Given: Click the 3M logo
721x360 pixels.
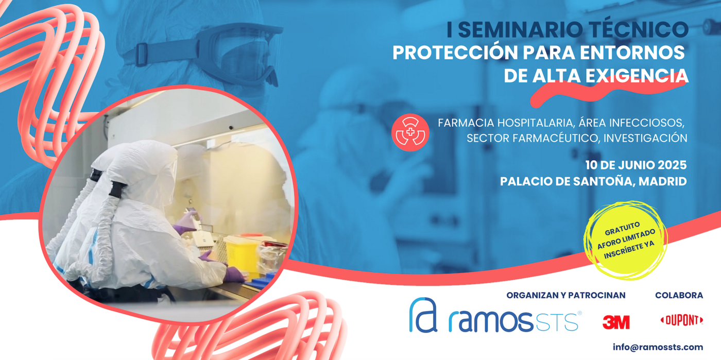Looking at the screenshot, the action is coord(616,322).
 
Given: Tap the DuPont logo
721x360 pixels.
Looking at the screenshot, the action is coord(682,320).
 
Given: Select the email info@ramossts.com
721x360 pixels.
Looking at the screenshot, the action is coord(658,347).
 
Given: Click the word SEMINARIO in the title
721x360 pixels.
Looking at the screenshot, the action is coord(521,30).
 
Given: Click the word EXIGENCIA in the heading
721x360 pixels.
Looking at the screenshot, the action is coord(637,76).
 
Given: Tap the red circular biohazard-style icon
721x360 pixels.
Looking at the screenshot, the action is coord(410,132).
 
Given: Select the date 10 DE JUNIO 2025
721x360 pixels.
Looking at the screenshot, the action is coord(636,165).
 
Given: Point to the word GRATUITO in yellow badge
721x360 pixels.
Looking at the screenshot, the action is coord(622,228).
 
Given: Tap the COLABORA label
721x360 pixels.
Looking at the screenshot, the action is coord(679,295).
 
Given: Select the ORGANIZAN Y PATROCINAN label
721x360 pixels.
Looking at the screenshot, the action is coord(566,295).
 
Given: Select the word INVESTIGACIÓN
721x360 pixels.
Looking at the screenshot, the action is coord(645,138).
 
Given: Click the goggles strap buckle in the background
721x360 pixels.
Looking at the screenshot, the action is coord(141,54).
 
